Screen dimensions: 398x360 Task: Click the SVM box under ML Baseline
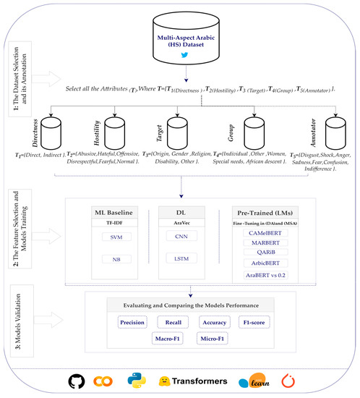pos(116,237)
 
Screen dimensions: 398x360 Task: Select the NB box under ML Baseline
pos(116,259)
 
